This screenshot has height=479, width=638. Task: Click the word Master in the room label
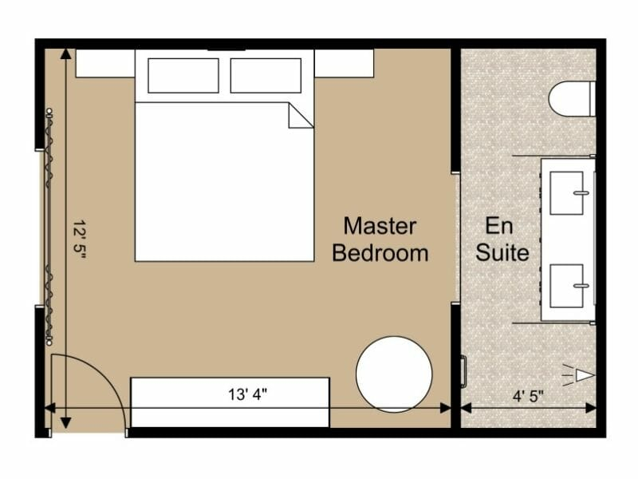tap(380, 226)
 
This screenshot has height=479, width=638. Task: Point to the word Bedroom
tap(380, 253)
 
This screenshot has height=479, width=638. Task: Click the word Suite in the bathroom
tap(502, 253)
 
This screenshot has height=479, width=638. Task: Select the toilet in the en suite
tap(572, 98)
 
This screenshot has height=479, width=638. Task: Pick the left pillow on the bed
tap(183, 76)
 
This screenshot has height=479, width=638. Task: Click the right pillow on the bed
tap(266, 76)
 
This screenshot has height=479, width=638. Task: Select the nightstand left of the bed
tap(104, 63)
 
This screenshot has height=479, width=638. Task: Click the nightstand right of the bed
tap(344, 63)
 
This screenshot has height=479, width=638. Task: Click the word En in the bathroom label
tap(499, 226)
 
